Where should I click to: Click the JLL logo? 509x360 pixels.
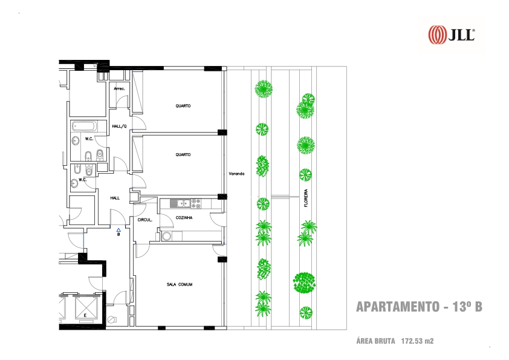pyautogui.click(x=452, y=34)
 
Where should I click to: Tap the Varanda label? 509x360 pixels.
pyautogui.click(x=236, y=174)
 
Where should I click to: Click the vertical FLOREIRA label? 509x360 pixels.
pyautogui.click(x=306, y=198)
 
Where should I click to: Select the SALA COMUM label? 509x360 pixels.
pyautogui.click(x=180, y=284)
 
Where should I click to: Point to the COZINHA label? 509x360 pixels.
pyautogui.click(x=184, y=217)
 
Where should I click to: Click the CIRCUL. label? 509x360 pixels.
pyautogui.click(x=144, y=220)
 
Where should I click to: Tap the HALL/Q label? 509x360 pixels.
pyautogui.click(x=119, y=126)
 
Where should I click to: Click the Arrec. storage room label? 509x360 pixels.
pyautogui.click(x=119, y=88)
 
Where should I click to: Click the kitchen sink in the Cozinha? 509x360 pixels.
pyautogui.click(x=180, y=203)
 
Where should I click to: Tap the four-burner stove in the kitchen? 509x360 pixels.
pyautogui.click(x=196, y=203)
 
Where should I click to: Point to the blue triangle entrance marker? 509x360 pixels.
pyautogui.click(x=118, y=230)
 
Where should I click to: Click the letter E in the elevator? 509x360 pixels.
pyautogui.click(x=85, y=315)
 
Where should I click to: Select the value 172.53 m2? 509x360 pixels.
pyautogui.click(x=417, y=341)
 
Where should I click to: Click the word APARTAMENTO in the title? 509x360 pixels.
pyautogui.click(x=398, y=307)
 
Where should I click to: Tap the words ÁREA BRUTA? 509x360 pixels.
pyautogui.click(x=375, y=341)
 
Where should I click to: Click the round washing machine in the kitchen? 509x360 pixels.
pyautogui.click(x=167, y=236)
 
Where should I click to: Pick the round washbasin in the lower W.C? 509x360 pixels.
pyautogui.click(x=75, y=183)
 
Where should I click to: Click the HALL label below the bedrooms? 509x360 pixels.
pyautogui.click(x=115, y=198)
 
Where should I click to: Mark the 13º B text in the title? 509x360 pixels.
pyautogui.click(x=467, y=307)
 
